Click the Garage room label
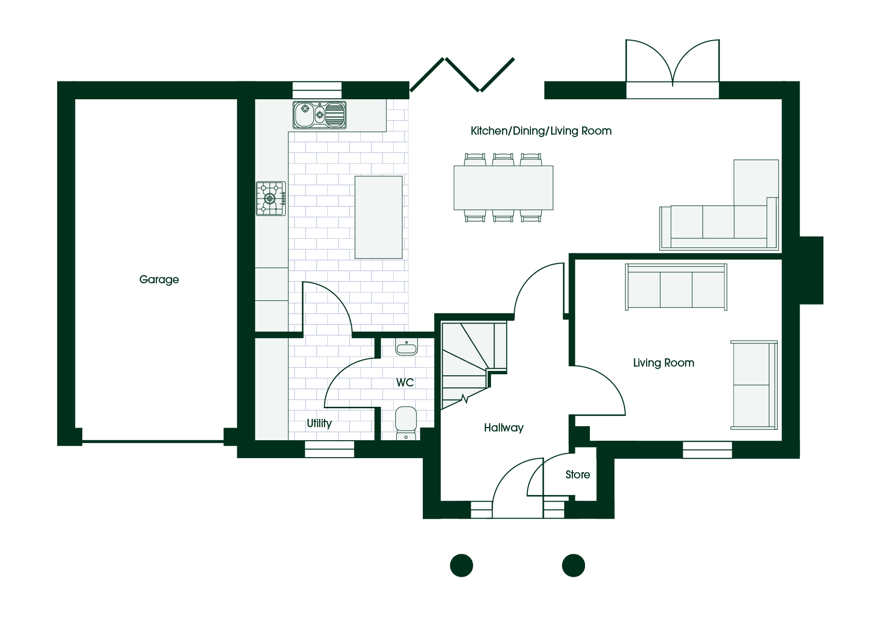[x=159, y=279]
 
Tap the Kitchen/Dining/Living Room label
[x=541, y=131]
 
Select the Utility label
[x=319, y=423]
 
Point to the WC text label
[x=405, y=383]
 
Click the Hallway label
[x=504, y=428]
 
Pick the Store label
[x=578, y=475]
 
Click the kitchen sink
[x=320, y=115]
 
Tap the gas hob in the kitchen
[x=271, y=199]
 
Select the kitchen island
[x=378, y=217]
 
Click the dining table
[x=503, y=188]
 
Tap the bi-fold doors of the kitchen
[x=462, y=75]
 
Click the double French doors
[x=672, y=68]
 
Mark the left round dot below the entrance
[x=462, y=565]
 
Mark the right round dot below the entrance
[x=573, y=565]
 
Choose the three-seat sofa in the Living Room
[x=676, y=287]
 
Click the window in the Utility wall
[x=329, y=449]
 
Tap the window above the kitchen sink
[x=317, y=90]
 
